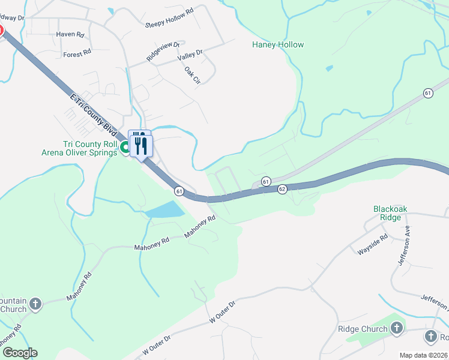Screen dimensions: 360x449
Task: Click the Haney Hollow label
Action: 278,44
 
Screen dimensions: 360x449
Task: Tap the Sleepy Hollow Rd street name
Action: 170,19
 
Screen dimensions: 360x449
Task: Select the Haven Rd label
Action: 71,35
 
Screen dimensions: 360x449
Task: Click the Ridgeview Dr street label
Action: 163,52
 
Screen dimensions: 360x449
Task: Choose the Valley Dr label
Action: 190,56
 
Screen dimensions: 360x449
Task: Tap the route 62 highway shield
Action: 283,189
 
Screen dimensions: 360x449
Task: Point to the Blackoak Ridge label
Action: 390,213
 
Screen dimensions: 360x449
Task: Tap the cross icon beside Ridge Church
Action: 396,328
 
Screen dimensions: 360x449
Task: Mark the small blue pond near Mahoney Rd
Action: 164,209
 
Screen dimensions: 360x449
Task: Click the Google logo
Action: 20,353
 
